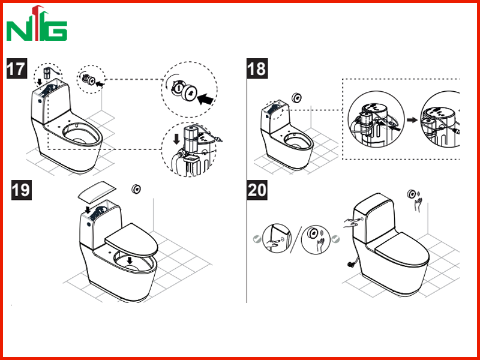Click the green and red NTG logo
coord(37,23)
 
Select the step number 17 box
coord(17,68)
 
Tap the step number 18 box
coord(257,68)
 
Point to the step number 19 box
coord(22,190)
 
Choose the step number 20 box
coord(257,190)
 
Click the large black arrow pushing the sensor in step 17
coord(205,99)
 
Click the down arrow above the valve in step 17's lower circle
coord(176,139)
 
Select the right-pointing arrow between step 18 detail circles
coord(412,120)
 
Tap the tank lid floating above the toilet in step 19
coord(97,191)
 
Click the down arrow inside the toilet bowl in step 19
coord(130,260)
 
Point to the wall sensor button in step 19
coord(136,189)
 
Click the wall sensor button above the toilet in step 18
coord(297,98)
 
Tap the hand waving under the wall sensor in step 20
coord(418,205)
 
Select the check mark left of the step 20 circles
coord(257,239)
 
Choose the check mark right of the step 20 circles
coord(336,239)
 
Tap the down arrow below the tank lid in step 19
coord(88,209)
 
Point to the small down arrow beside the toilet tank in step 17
coord(40,82)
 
